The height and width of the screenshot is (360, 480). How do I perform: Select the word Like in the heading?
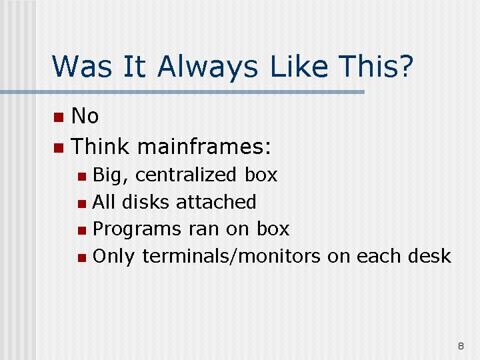(300, 66)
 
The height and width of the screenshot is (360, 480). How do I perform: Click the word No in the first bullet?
(85, 116)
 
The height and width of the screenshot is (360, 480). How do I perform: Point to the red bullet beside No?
(59, 117)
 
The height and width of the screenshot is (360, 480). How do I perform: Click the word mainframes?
(205, 146)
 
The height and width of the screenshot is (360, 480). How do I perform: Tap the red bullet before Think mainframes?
(59, 148)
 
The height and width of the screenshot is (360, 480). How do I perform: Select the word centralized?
(186, 175)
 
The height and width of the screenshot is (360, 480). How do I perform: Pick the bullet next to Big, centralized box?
(82, 176)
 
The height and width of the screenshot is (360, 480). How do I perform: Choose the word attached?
(216, 202)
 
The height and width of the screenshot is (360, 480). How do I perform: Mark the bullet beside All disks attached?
(82, 203)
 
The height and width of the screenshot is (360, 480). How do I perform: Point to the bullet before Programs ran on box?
(82, 231)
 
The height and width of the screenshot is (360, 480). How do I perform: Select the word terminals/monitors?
(231, 256)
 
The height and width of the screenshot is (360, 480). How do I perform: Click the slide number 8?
(461, 346)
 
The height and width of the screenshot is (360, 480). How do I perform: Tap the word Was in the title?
(82, 66)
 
